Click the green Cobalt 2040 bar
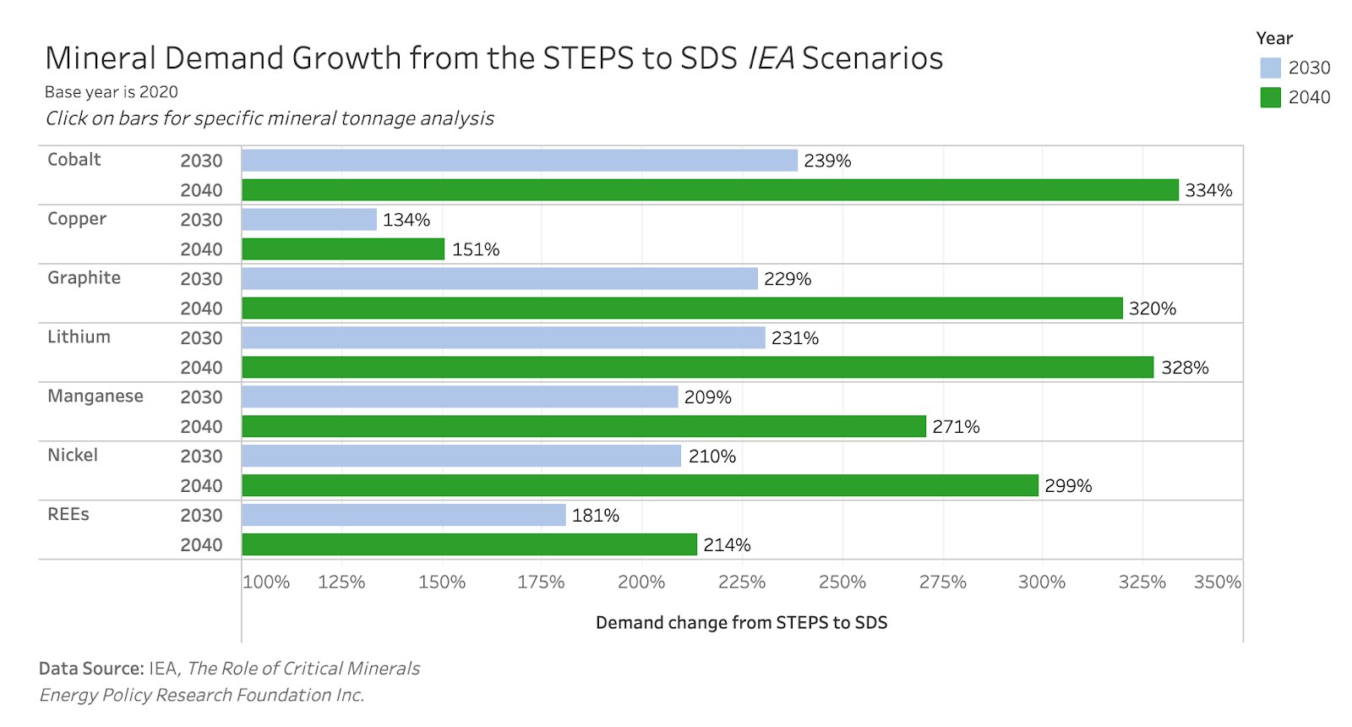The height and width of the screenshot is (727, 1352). coord(710,190)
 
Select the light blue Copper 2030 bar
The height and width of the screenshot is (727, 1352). coord(309,220)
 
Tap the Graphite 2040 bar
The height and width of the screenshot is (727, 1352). coord(682,309)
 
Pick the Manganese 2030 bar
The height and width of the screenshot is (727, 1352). coord(460,397)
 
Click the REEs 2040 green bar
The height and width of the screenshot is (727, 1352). coord(469,544)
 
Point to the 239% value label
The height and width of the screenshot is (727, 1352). coord(827,161)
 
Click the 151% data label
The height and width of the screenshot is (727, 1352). coord(476,249)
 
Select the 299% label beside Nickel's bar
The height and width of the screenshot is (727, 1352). coord(1068,486)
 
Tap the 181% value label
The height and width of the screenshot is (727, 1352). coord(596,516)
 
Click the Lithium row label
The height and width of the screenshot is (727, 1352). coord(79,337)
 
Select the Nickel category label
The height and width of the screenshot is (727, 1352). coord(73,456)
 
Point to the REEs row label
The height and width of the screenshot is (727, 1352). coord(68,515)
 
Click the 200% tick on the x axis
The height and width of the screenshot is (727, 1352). coord(641,582)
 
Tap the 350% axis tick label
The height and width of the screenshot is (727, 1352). coord(1217,582)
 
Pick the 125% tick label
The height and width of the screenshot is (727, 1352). coord(341,582)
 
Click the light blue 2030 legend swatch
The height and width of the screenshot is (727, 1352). coord(1270,68)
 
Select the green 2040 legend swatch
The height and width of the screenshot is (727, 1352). coord(1270,97)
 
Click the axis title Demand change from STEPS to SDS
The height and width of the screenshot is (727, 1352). coord(741,623)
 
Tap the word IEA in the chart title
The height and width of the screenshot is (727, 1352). coord(771,58)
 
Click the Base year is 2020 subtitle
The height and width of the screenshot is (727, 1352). coord(112,92)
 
